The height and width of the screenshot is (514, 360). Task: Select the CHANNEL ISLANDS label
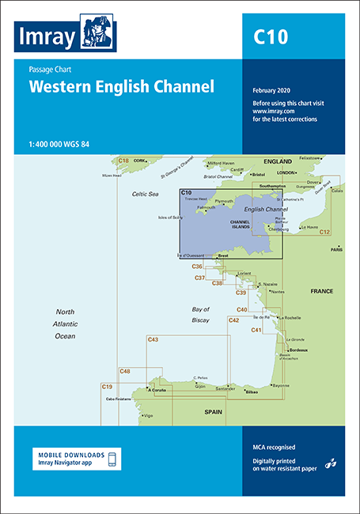pyautogui.click(x=240, y=224)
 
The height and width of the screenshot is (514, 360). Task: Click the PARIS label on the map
pyautogui.click(x=336, y=249)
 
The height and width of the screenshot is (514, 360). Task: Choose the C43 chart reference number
pyautogui.click(x=153, y=339)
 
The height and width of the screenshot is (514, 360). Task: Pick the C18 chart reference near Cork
pyautogui.click(x=123, y=161)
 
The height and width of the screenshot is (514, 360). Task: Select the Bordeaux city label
pyautogui.click(x=298, y=350)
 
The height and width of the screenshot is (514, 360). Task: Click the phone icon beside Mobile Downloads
pyautogui.click(x=112, y=459)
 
